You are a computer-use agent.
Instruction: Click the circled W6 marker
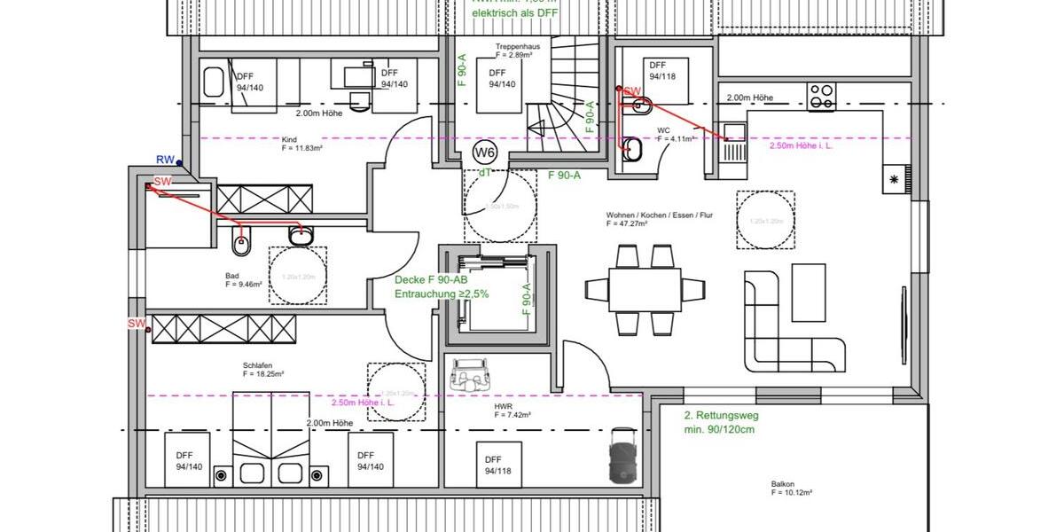click(x=486, y=152)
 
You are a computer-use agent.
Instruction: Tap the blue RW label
click(x=165, y=160)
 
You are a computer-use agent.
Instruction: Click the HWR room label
click(x=503, y=405)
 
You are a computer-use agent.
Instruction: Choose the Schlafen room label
click(x=257, y=364)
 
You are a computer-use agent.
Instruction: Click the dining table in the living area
click(x=645, y=289)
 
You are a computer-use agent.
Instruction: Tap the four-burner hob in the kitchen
click(x=822, y=96)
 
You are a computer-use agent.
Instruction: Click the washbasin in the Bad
click(x=301, y=235)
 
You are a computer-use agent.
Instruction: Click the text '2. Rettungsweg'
click(x=721, y=415)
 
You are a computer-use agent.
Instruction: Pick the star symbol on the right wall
click(x=894, y=179)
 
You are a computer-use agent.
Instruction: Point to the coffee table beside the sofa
click(x=809, y=293)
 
